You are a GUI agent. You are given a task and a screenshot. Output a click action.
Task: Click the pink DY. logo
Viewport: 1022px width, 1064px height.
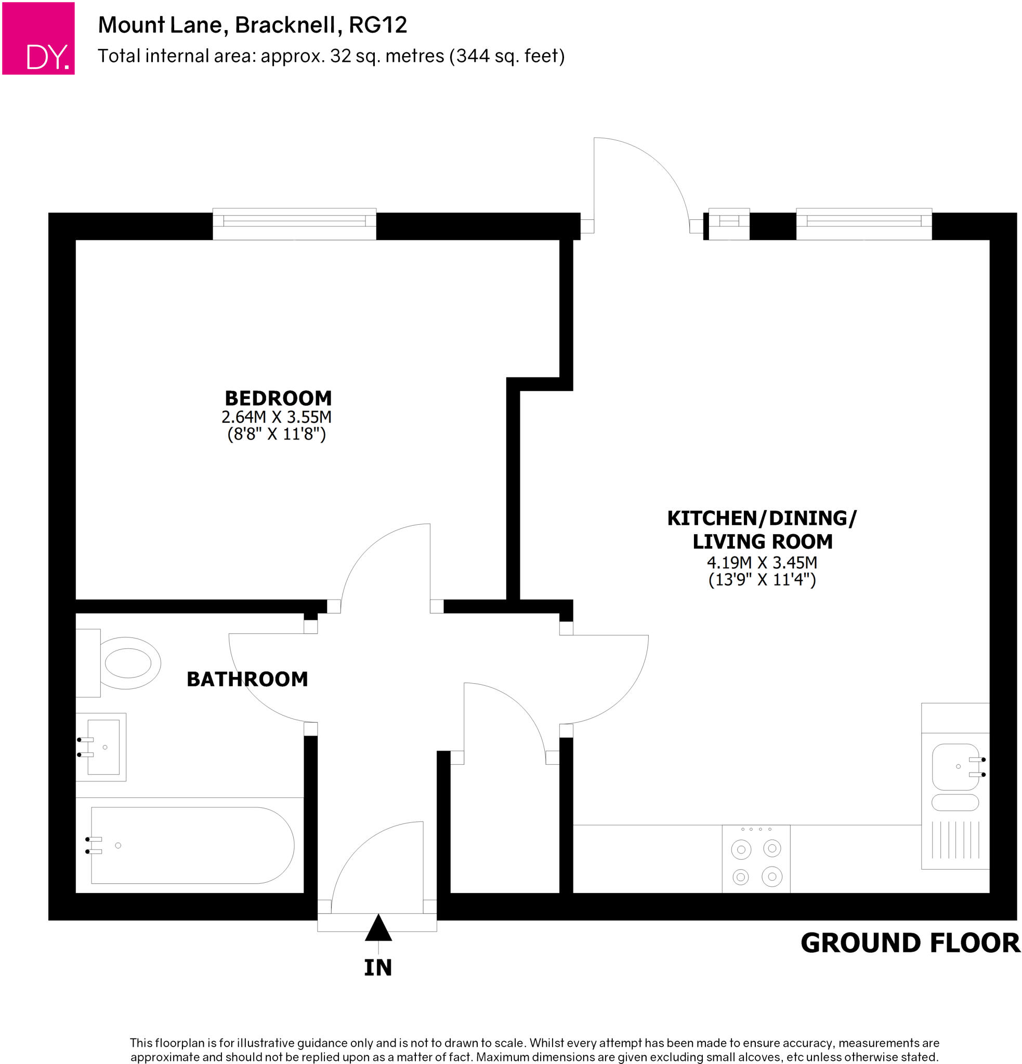pos(38,38)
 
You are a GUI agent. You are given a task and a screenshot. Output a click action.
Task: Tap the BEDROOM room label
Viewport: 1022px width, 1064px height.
pos(278,398)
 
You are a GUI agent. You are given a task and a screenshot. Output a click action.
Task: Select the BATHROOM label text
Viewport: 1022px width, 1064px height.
pos(247,679)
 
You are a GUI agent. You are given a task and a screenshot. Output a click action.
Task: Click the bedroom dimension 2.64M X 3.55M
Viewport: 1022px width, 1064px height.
pos(276,417)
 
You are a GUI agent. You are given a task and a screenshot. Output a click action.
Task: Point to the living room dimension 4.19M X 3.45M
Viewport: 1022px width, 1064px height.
pos(762,563)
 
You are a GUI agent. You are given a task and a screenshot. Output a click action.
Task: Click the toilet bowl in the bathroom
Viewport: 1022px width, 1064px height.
pos(129,663)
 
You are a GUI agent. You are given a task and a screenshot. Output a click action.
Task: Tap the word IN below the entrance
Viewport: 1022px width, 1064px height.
pos(377,967)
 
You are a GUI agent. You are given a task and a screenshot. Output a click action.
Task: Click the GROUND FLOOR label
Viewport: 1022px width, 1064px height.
pos(910,943)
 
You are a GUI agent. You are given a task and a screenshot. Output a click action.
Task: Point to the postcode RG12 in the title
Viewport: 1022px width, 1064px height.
pos(378,25)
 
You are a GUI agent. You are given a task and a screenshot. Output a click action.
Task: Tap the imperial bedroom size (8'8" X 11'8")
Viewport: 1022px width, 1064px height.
pos(276,434)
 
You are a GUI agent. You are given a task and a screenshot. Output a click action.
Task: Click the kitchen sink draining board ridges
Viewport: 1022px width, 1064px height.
pos(955,839)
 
